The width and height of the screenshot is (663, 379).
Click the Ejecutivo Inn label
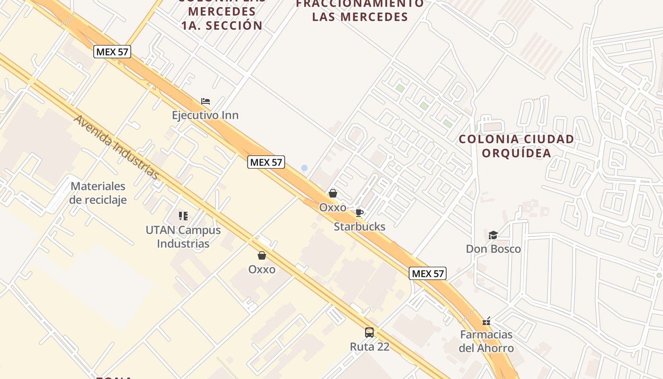click(205, 115)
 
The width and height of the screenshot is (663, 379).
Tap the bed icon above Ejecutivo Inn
click(206, 101)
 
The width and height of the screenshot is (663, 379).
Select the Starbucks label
click(359, 226)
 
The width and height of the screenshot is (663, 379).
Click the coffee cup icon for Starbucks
click(359, 213)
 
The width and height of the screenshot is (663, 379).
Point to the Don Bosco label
click(493, 249)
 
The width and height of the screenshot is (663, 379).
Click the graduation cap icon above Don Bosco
click(493, 235)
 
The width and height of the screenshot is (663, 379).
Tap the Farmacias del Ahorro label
click(486, 341)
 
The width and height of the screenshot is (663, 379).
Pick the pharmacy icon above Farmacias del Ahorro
click(486, 321)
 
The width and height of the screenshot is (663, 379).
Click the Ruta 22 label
click(369, 346)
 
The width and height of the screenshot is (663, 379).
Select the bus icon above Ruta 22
click(369, 333)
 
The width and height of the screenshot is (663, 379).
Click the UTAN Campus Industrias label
click(183, 237)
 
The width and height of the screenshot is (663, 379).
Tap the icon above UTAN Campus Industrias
click(183, 216)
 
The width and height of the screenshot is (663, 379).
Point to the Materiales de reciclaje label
click(98, 193)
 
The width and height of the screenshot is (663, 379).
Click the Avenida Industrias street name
click(116, 147)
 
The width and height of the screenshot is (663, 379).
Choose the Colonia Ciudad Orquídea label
click(516, 146)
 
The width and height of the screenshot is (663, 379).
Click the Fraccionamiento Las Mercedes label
click(360, 10)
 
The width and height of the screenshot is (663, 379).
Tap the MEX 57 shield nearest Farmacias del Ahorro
click(428, 273)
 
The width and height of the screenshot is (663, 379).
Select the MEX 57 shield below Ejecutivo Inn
click(266, 162)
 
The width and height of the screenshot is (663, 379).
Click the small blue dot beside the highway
click(305, 168)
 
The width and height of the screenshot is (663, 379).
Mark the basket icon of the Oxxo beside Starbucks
click(333, 193)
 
